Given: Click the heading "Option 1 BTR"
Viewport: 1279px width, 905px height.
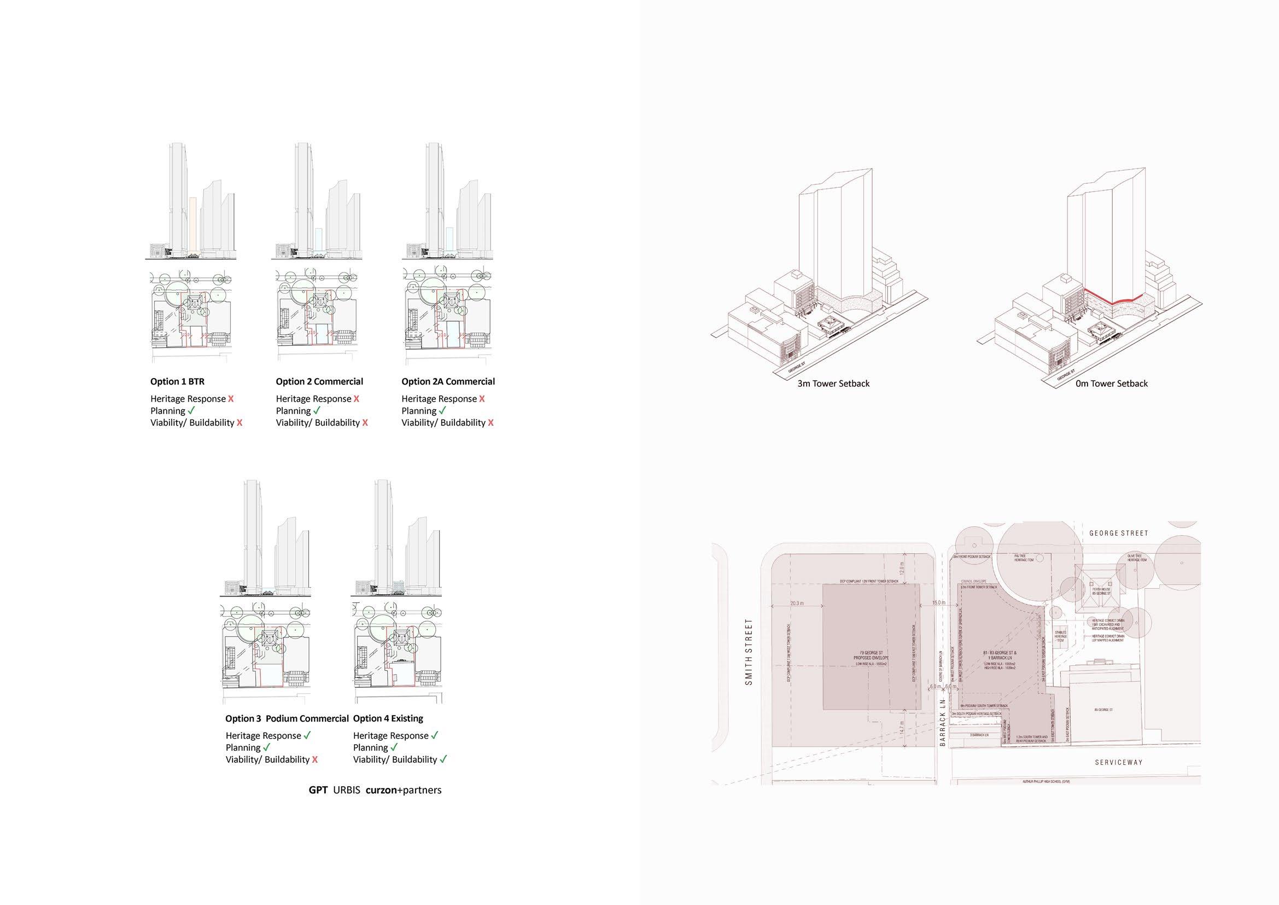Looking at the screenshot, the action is coord(177,382).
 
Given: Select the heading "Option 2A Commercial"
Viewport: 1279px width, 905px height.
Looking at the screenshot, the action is coord(448,382).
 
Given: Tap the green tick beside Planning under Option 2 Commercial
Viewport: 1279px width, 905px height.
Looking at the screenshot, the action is coord(317,411).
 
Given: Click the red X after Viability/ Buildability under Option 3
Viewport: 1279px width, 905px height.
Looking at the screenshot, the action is coord(316,759).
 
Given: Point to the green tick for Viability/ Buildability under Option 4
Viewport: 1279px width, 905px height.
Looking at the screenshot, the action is coord(443,759).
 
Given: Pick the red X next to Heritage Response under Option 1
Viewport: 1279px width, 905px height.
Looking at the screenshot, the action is coord(231,399).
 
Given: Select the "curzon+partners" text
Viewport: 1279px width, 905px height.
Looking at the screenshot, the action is coord(404,790).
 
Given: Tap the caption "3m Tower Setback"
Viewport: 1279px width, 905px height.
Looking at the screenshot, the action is coord(833,384).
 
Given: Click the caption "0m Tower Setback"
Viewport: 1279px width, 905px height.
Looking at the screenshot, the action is coord(1112,384).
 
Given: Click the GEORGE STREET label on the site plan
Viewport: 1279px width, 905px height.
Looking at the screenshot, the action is coord(1119,533).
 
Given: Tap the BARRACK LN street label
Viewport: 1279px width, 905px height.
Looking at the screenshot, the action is coord(943,722).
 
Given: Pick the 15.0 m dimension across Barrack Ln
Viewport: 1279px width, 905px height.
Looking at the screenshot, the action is coord(940,603).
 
